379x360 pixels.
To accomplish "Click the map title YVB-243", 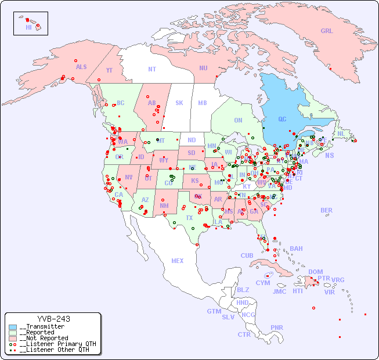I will pyautogui.click(x=53, y=319).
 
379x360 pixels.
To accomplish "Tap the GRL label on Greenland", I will pyautogui.click(x=327, y=31).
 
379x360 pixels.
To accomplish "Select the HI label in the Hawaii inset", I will pyautogui.click(x=28, y=27).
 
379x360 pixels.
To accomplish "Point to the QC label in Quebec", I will pyautogui.click(x=282, y=120).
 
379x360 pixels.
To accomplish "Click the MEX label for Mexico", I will pyautogui.click(x=178, y=261).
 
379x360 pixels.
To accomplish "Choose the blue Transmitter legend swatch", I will pyautogui.click(x=13, y=327).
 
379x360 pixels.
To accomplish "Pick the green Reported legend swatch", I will pyautogui.click(x=13, y=333).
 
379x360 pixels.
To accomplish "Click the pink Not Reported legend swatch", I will pyautogui.click(x=13, y=338).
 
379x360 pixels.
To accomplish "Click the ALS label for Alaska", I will pyautogui.click(x=81, y=67).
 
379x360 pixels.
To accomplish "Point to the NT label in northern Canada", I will pyautogui.click(x=152, y=69).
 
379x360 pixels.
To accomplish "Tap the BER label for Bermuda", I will pyautogui.click(x=327, y=210).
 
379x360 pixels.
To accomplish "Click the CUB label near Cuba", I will pyautogui.click(x=247, y=255).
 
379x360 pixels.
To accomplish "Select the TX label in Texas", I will pyautogui.click(x=189, y=218).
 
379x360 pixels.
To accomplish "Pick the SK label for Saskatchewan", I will pyautogui.click(x=179, y=103).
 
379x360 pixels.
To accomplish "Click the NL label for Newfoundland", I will pyautogui.click(x=341, y=134).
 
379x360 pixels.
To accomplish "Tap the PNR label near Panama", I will pyautogui.click(x=277, y=327).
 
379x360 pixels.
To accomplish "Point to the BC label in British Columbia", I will pyautogui.click(x=121, y=103).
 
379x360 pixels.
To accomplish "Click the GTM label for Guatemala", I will pyautogui.click(x=214, y=311).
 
